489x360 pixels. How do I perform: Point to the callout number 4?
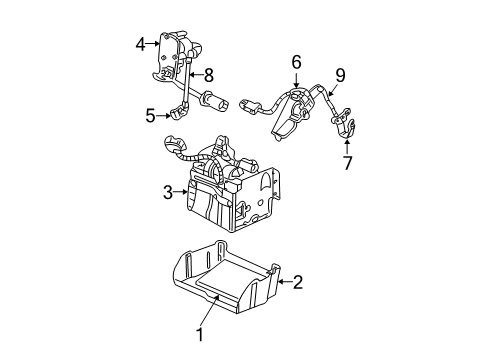(141, 43)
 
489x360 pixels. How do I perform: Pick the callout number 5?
(150, 115)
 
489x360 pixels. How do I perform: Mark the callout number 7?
(347, 163)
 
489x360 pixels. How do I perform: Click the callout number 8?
(209, 74)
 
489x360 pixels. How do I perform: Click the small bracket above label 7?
(349, 125)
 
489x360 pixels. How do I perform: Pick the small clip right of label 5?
(177, 113)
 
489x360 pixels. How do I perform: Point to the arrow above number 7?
(347, 145)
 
